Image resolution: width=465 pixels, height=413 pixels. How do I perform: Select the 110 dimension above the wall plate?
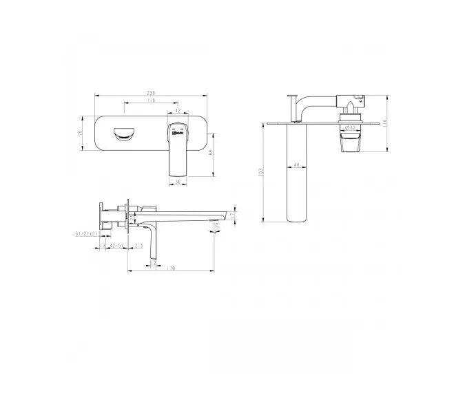(150, 102)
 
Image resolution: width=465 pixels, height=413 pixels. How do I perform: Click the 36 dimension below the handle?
(177, 182)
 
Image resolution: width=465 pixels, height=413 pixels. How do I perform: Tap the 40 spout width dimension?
(296, 165)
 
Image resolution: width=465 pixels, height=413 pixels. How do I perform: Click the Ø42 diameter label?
(350, 127)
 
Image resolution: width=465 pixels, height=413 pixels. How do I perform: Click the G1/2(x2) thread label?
(87, 234)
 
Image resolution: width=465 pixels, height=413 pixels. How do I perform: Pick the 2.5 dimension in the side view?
(138, 245)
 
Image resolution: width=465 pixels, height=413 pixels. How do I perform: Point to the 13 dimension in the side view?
(103, 245)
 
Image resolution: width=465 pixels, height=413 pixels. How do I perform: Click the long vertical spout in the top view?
(296, 176)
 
